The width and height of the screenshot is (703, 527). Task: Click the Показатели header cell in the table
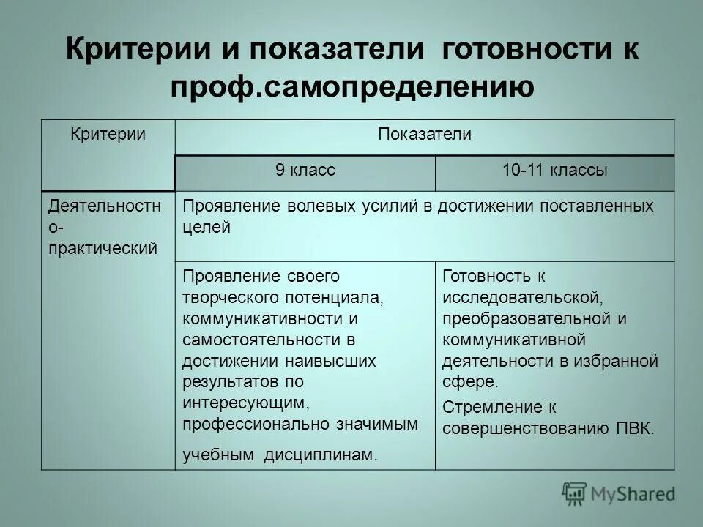point(425,134)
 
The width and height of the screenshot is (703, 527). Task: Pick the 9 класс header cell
point(305,171)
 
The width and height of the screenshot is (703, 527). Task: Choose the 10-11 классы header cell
point(554,171)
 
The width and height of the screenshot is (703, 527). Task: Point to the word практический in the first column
point(103,247)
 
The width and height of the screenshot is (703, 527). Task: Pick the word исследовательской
point(521,298)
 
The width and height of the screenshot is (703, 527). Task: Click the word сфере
point(470,381)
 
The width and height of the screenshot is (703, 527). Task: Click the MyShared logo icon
point(575,493)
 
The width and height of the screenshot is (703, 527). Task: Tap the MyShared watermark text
point(634,494)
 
